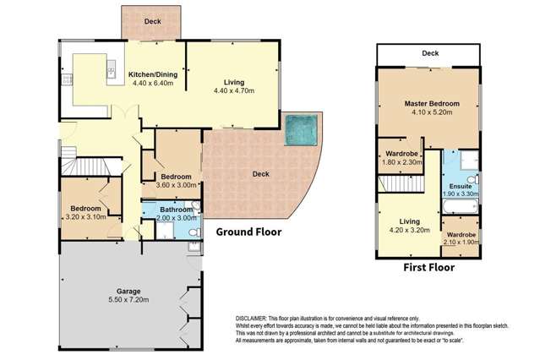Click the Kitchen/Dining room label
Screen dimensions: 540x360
tap(153, 74)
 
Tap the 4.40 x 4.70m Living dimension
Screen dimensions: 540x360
tap(234, 90)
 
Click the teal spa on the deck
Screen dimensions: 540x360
tap(302, 130)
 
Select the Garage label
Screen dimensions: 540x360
tap(128, 292)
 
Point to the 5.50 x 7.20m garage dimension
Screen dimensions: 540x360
tap(128, 300)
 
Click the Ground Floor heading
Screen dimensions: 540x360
tap(248, 232)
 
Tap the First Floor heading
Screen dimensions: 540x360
tap(428, 267)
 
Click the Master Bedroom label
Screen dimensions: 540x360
tap(432, 103)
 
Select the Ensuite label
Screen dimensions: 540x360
tap(461, 187)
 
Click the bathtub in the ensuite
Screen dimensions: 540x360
tap(461, 206)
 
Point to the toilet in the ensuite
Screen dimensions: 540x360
tap(472, 179)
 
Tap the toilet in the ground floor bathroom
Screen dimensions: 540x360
tap(195, 232)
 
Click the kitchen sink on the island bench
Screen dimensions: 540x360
tap(112, 69)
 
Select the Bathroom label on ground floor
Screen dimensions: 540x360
tap(177, 210)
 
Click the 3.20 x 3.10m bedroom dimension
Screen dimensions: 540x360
tap(85, 217)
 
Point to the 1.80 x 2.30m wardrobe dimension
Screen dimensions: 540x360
tap(402, 162)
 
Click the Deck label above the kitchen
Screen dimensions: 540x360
tap(153, 21)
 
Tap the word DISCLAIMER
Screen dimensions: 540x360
tap(251, 319)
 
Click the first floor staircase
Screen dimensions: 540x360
tap(401, 184)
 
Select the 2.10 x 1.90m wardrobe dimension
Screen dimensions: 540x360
tap(461, 243)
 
